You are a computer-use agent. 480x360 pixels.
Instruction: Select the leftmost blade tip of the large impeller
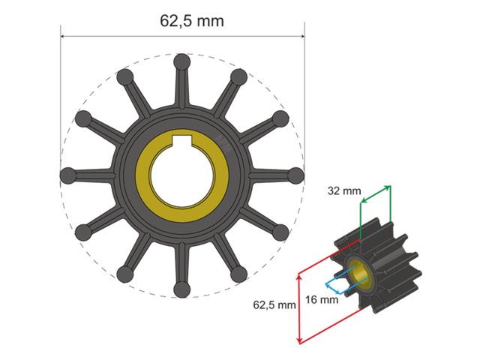(x=68, y=175)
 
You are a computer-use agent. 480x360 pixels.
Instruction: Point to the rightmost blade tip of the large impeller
(x=295, y=175)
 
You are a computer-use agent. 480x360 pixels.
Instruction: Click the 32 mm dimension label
(x=343, y=191)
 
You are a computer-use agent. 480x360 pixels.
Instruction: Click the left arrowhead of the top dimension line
(x=64, y=35)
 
